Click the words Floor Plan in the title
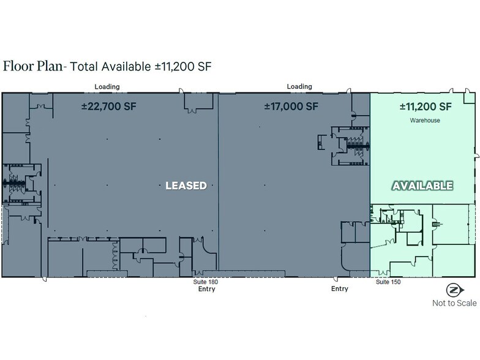[33, 66]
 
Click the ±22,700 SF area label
[109, 107]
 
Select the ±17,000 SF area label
[291, 107]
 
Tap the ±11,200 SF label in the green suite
[426, 107]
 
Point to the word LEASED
[186, 186]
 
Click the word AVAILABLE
[422, 186]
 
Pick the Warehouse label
[425, 120]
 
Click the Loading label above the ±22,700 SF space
[107, 87]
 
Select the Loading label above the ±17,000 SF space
[299, 86]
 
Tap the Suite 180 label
[206, 282]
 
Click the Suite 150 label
[388, 282]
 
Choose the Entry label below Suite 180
[207, 289]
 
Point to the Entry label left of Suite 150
[340, 289]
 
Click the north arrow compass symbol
[454, 290]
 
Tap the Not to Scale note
[454, 303]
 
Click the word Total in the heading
[84, 66]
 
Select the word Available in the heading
[126, 66]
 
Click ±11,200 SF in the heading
[183, 66]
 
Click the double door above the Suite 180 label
[197, 272]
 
